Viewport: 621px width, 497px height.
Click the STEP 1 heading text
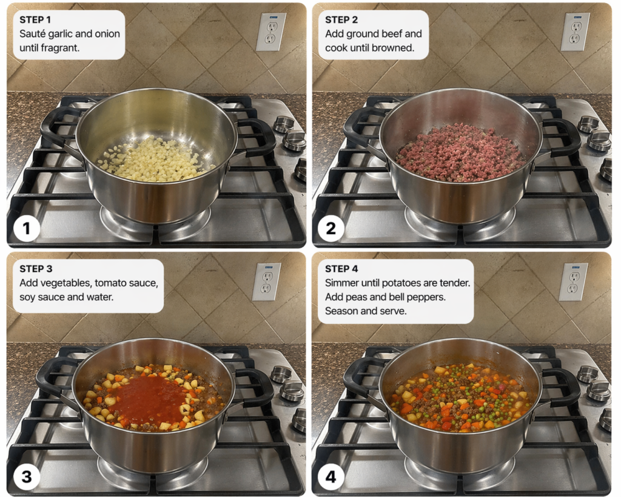tap(35, 20)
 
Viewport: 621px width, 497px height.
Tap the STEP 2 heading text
tap(341, 20)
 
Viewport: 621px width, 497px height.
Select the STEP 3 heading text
tap(36, 269)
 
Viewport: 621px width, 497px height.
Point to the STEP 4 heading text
tap(341, 269)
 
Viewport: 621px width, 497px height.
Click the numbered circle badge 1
tap(27, 228)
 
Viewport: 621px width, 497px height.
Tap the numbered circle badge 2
tap(331, 228)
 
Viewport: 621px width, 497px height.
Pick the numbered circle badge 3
tap(27, 476)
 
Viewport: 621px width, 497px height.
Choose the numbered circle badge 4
tap(331, 476)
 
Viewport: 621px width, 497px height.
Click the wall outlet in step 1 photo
tap(271, 32)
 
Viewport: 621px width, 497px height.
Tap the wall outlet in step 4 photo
tap(574, 282)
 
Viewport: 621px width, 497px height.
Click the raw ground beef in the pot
tap(460, 152)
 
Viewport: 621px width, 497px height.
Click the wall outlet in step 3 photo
tap(267, 282)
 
